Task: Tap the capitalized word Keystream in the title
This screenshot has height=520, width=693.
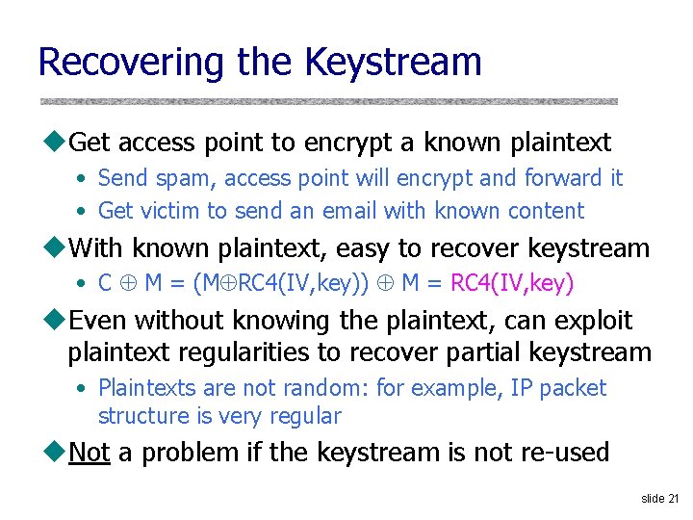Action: tap(393, 62)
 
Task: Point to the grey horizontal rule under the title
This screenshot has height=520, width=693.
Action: tap(328, 100)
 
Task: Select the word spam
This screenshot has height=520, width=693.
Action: tap(183, 178)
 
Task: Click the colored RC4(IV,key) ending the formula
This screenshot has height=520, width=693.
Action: tap(512, 283)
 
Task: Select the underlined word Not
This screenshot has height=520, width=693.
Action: tap(90, 452)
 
